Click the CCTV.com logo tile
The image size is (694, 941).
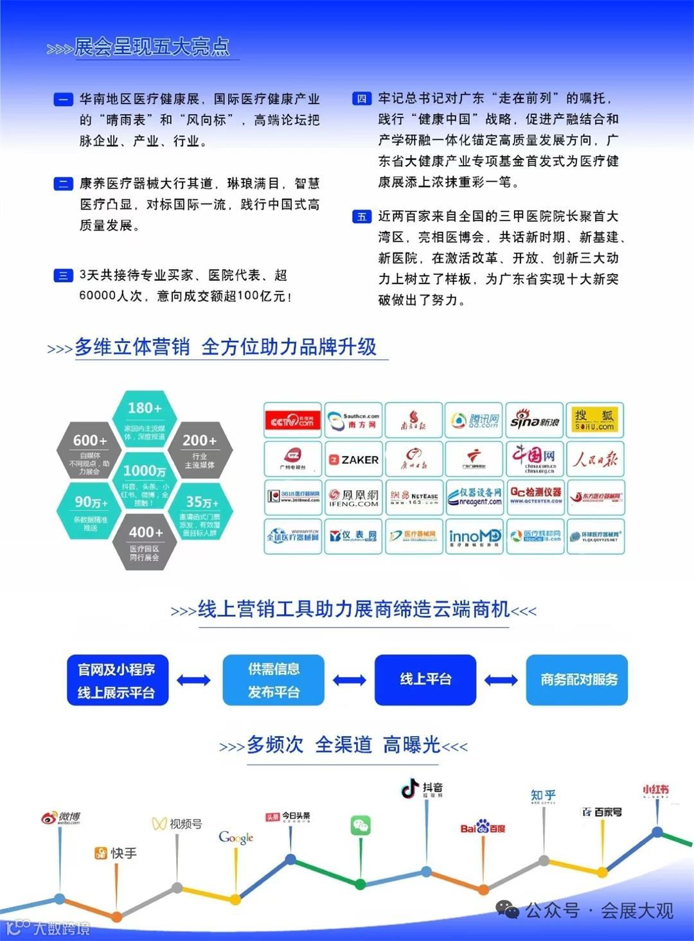(292, 421)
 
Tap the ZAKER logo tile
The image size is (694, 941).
(353, 459)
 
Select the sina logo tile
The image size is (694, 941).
(535, 421)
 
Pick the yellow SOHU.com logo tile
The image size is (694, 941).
(594, 421)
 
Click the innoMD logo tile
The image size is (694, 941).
(474, 536)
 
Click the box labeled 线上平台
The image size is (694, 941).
(425, 680)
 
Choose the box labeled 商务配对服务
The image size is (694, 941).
(577, 680)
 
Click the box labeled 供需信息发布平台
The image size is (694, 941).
(274, 680)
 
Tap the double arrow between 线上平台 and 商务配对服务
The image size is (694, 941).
(501, 680)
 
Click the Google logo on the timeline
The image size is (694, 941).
(236, 838)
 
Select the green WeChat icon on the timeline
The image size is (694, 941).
(360, 825)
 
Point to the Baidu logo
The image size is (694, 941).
(483, 827)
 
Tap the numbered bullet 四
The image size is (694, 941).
(362, 99)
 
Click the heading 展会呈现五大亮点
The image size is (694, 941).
(152, 47)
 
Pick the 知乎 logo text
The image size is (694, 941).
(543, 795)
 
